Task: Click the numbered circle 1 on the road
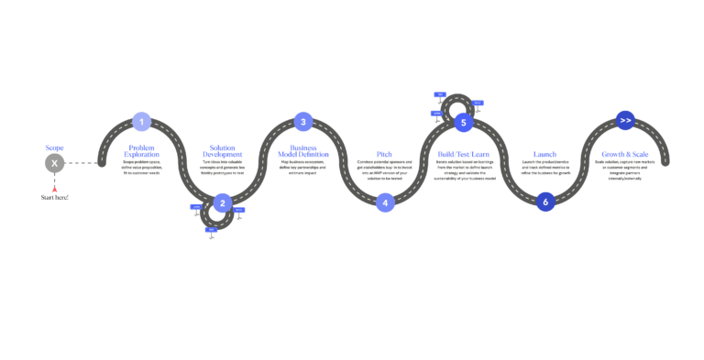[x=141, y=122]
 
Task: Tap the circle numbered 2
[x=223, y=202]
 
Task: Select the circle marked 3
[x=303, y=122]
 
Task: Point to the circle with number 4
[x=385, y=202]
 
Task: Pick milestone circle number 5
[x=464, y=123]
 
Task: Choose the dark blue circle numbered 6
[x=545, y=202]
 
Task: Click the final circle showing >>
[x=625, y=121]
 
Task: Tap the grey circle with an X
[x=54, y=163]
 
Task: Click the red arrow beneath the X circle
[x=54, y=188]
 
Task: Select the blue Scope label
[x=54, y=147]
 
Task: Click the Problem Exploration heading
[x=142, y=151]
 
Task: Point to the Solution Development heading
[x=223, y=151]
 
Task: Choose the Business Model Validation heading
[x=303, y=151]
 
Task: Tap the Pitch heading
[x=384, y=154]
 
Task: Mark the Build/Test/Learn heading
[x=464, y=154]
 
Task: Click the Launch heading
[x=544, y=154]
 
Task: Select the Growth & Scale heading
[x=625, y=154]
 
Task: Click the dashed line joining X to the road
[x=81, y=163]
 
